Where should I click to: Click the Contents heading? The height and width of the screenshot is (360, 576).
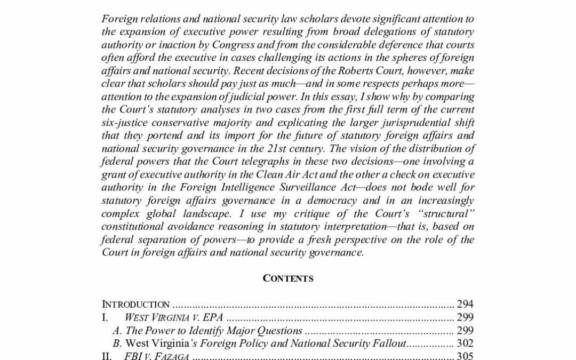pyautogui.click(x=287, y=279)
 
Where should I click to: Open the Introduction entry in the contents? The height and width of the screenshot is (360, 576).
pyautogui.click(x=136, y=305)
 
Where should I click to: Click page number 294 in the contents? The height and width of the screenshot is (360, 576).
pyautogui.click(x=465, y=305)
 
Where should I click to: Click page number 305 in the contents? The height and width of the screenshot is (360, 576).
pyautogui.click(x=465, y=356)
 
